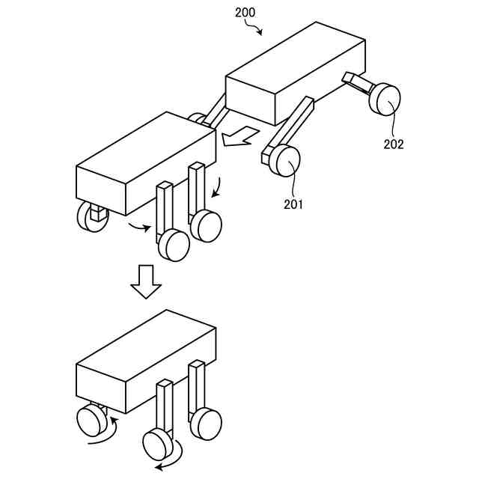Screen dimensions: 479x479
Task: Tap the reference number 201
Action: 293,203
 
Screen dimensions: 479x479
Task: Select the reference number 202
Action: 394,144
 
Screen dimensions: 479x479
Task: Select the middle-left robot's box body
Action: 146,164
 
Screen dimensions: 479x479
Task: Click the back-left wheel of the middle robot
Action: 91,217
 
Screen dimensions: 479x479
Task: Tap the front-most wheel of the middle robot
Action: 174,245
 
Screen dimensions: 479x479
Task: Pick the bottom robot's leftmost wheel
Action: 91,421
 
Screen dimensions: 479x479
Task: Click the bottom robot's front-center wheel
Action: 158,445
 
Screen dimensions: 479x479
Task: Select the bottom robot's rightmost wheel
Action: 205,424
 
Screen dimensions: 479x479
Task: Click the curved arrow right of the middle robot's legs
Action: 218,187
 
